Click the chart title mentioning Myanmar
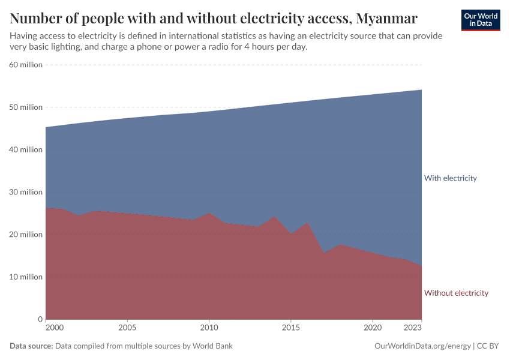click(214, 17)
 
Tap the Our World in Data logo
click(481, 20)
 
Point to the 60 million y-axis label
click(26, 65)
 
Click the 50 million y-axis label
click(26, 107)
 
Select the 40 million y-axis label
click(26, 149)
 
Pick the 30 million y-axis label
click(26, 192)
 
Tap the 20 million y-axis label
click(26, 235)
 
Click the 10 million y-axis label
click(26, 277)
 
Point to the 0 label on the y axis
click(40, 319)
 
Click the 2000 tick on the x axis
click(54, 328)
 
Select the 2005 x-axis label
click(127, 328)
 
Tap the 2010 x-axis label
click(209, 328)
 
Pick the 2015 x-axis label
click(291, 328)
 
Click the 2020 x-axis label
click(373, 328)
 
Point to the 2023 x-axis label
click(413, 328)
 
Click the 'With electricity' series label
click(450, 178)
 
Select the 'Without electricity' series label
click(456, 293)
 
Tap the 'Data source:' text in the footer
click(32, 346)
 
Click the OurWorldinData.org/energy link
click(422, 346)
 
